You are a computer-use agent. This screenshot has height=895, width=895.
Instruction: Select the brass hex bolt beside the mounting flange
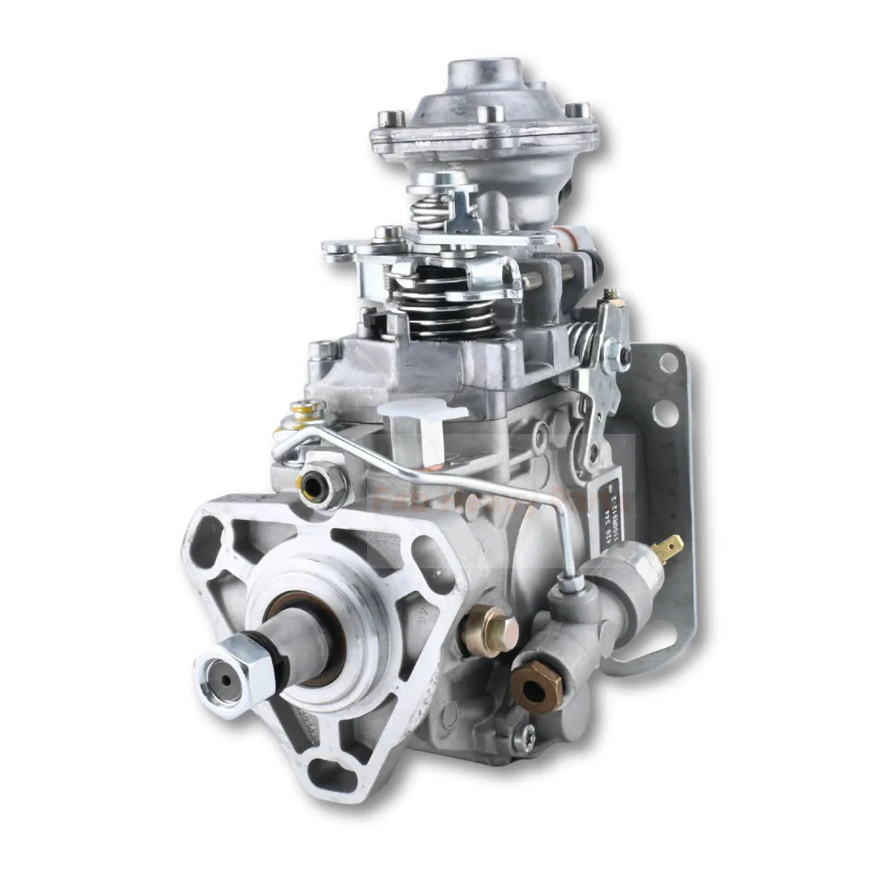[490, 630]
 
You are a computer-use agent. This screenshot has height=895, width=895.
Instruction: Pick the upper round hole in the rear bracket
[667, 362]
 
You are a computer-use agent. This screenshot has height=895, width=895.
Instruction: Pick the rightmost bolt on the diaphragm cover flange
[578, 111]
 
